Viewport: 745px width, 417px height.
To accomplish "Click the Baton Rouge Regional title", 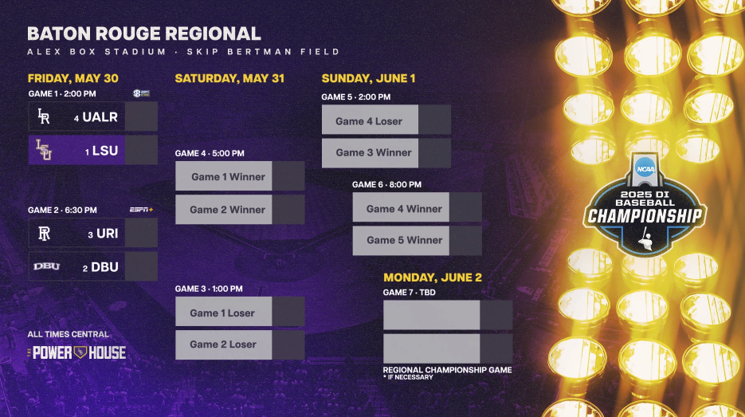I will tap(144, 33).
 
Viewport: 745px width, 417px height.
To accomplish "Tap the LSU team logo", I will tap(44, 150).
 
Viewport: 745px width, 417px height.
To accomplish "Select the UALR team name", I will tap(100, 116).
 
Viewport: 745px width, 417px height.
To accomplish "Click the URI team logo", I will tap(44, 234).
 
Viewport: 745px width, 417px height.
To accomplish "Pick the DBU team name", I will tap(104, 267).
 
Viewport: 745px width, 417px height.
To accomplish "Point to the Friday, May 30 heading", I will tap(73, 78).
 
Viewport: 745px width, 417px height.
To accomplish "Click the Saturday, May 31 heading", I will tap(229, 78).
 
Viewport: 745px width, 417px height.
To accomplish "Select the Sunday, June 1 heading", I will tap(368, 78).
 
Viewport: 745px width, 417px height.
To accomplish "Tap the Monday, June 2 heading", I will tap(433, 277).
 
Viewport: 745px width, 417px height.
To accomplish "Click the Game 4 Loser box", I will tap(369, 121).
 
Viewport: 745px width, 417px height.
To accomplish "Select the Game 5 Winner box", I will tap(404, 240).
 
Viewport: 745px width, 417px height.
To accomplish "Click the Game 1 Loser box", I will tap(222, 313).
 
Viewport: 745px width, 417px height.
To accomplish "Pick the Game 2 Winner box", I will tap(227, 210).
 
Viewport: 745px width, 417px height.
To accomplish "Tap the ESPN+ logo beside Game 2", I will tap(141, 210).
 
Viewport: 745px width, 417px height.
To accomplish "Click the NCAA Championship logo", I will tap(645, 203).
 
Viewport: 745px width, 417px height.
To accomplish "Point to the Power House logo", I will tap(76, 352).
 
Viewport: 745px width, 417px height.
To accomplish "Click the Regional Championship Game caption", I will tap(447, 370).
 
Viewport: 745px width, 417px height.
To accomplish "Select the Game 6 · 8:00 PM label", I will tap(387, 184).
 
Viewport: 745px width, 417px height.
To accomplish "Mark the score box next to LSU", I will tap(141, 150).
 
